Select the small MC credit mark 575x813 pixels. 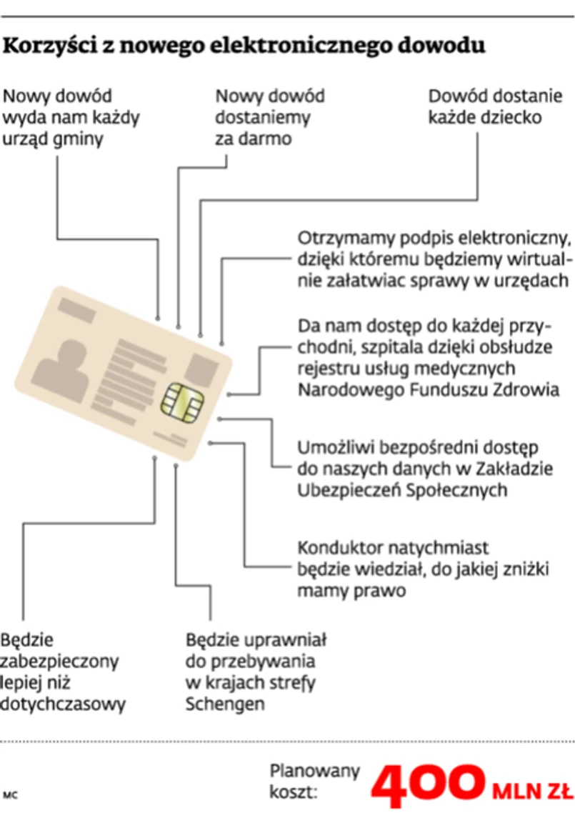point(10,794)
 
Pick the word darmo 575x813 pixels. point(265,139)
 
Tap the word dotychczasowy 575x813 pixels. point(63,704)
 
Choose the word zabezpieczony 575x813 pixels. point(60,661)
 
